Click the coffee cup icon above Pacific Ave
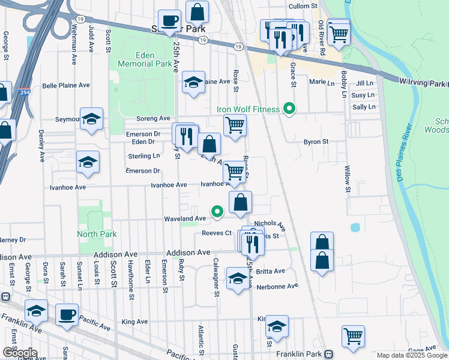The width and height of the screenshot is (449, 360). point(67,313)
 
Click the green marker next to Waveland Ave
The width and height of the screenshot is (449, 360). point(217,211)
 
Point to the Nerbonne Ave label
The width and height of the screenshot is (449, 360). point(277,286)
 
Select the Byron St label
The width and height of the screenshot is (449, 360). point(316,142)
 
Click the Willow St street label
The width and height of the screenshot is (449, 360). point(348,180)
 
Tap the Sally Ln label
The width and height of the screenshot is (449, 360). point(364,107)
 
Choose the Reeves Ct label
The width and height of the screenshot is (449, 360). point(217,233)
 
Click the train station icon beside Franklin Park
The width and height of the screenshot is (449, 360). point(328,354)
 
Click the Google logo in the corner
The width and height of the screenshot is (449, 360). point(19,353)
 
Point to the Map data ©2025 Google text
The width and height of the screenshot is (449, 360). point(412,355)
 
